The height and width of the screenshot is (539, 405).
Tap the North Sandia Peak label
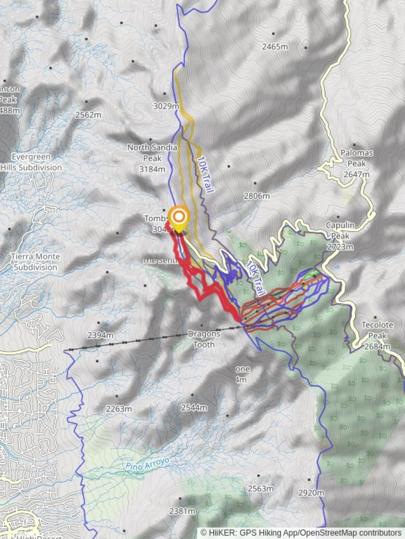pos(152,152)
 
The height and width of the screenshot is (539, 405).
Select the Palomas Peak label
pos(356,158)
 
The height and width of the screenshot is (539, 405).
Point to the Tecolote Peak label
pos(377,330)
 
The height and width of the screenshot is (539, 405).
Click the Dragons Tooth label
pos(203,339)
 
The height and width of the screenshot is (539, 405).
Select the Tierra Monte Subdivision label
pos(35,262)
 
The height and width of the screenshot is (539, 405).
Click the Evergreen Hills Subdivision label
pos(31,163)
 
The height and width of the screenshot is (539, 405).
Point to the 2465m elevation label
pos(275,47)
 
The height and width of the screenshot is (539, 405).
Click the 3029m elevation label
pos(166,106)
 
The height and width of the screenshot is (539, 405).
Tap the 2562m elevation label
pos(88,114)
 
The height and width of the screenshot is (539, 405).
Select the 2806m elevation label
pos(256,196)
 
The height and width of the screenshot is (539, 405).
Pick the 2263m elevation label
pos(119,409)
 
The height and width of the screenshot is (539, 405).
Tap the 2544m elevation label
pos(194,407)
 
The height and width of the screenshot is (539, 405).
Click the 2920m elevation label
pos(311,493)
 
